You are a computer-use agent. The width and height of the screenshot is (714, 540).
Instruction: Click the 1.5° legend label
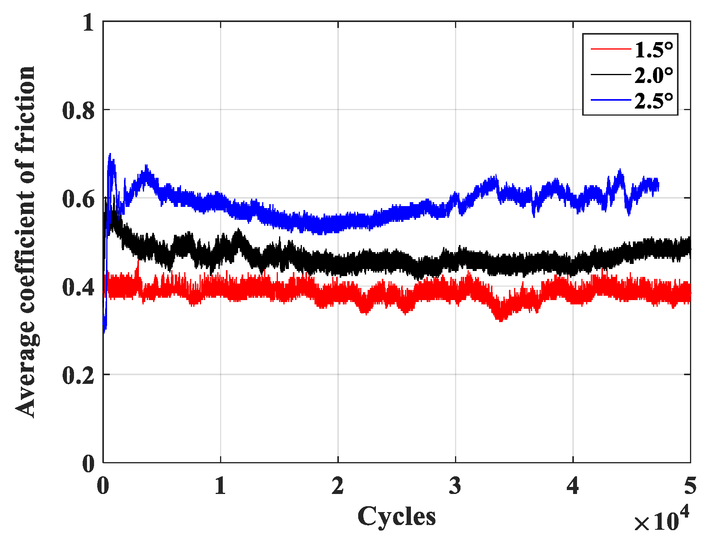coord(654,50)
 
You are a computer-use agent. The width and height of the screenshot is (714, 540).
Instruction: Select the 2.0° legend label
coord(654,75)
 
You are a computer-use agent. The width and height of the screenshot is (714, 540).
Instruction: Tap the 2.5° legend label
coord(654,101)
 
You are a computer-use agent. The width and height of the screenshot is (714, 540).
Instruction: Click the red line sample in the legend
coord(610,49)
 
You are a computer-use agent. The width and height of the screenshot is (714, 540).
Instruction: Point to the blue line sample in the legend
coord(610,100)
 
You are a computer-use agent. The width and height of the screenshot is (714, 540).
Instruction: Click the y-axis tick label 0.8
coord(79,111)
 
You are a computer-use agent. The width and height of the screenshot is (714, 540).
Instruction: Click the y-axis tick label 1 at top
coord(89,23)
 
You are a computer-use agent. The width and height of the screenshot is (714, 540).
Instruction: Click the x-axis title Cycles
coord(396,516)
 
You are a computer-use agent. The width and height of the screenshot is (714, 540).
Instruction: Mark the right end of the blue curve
coord(658,185)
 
